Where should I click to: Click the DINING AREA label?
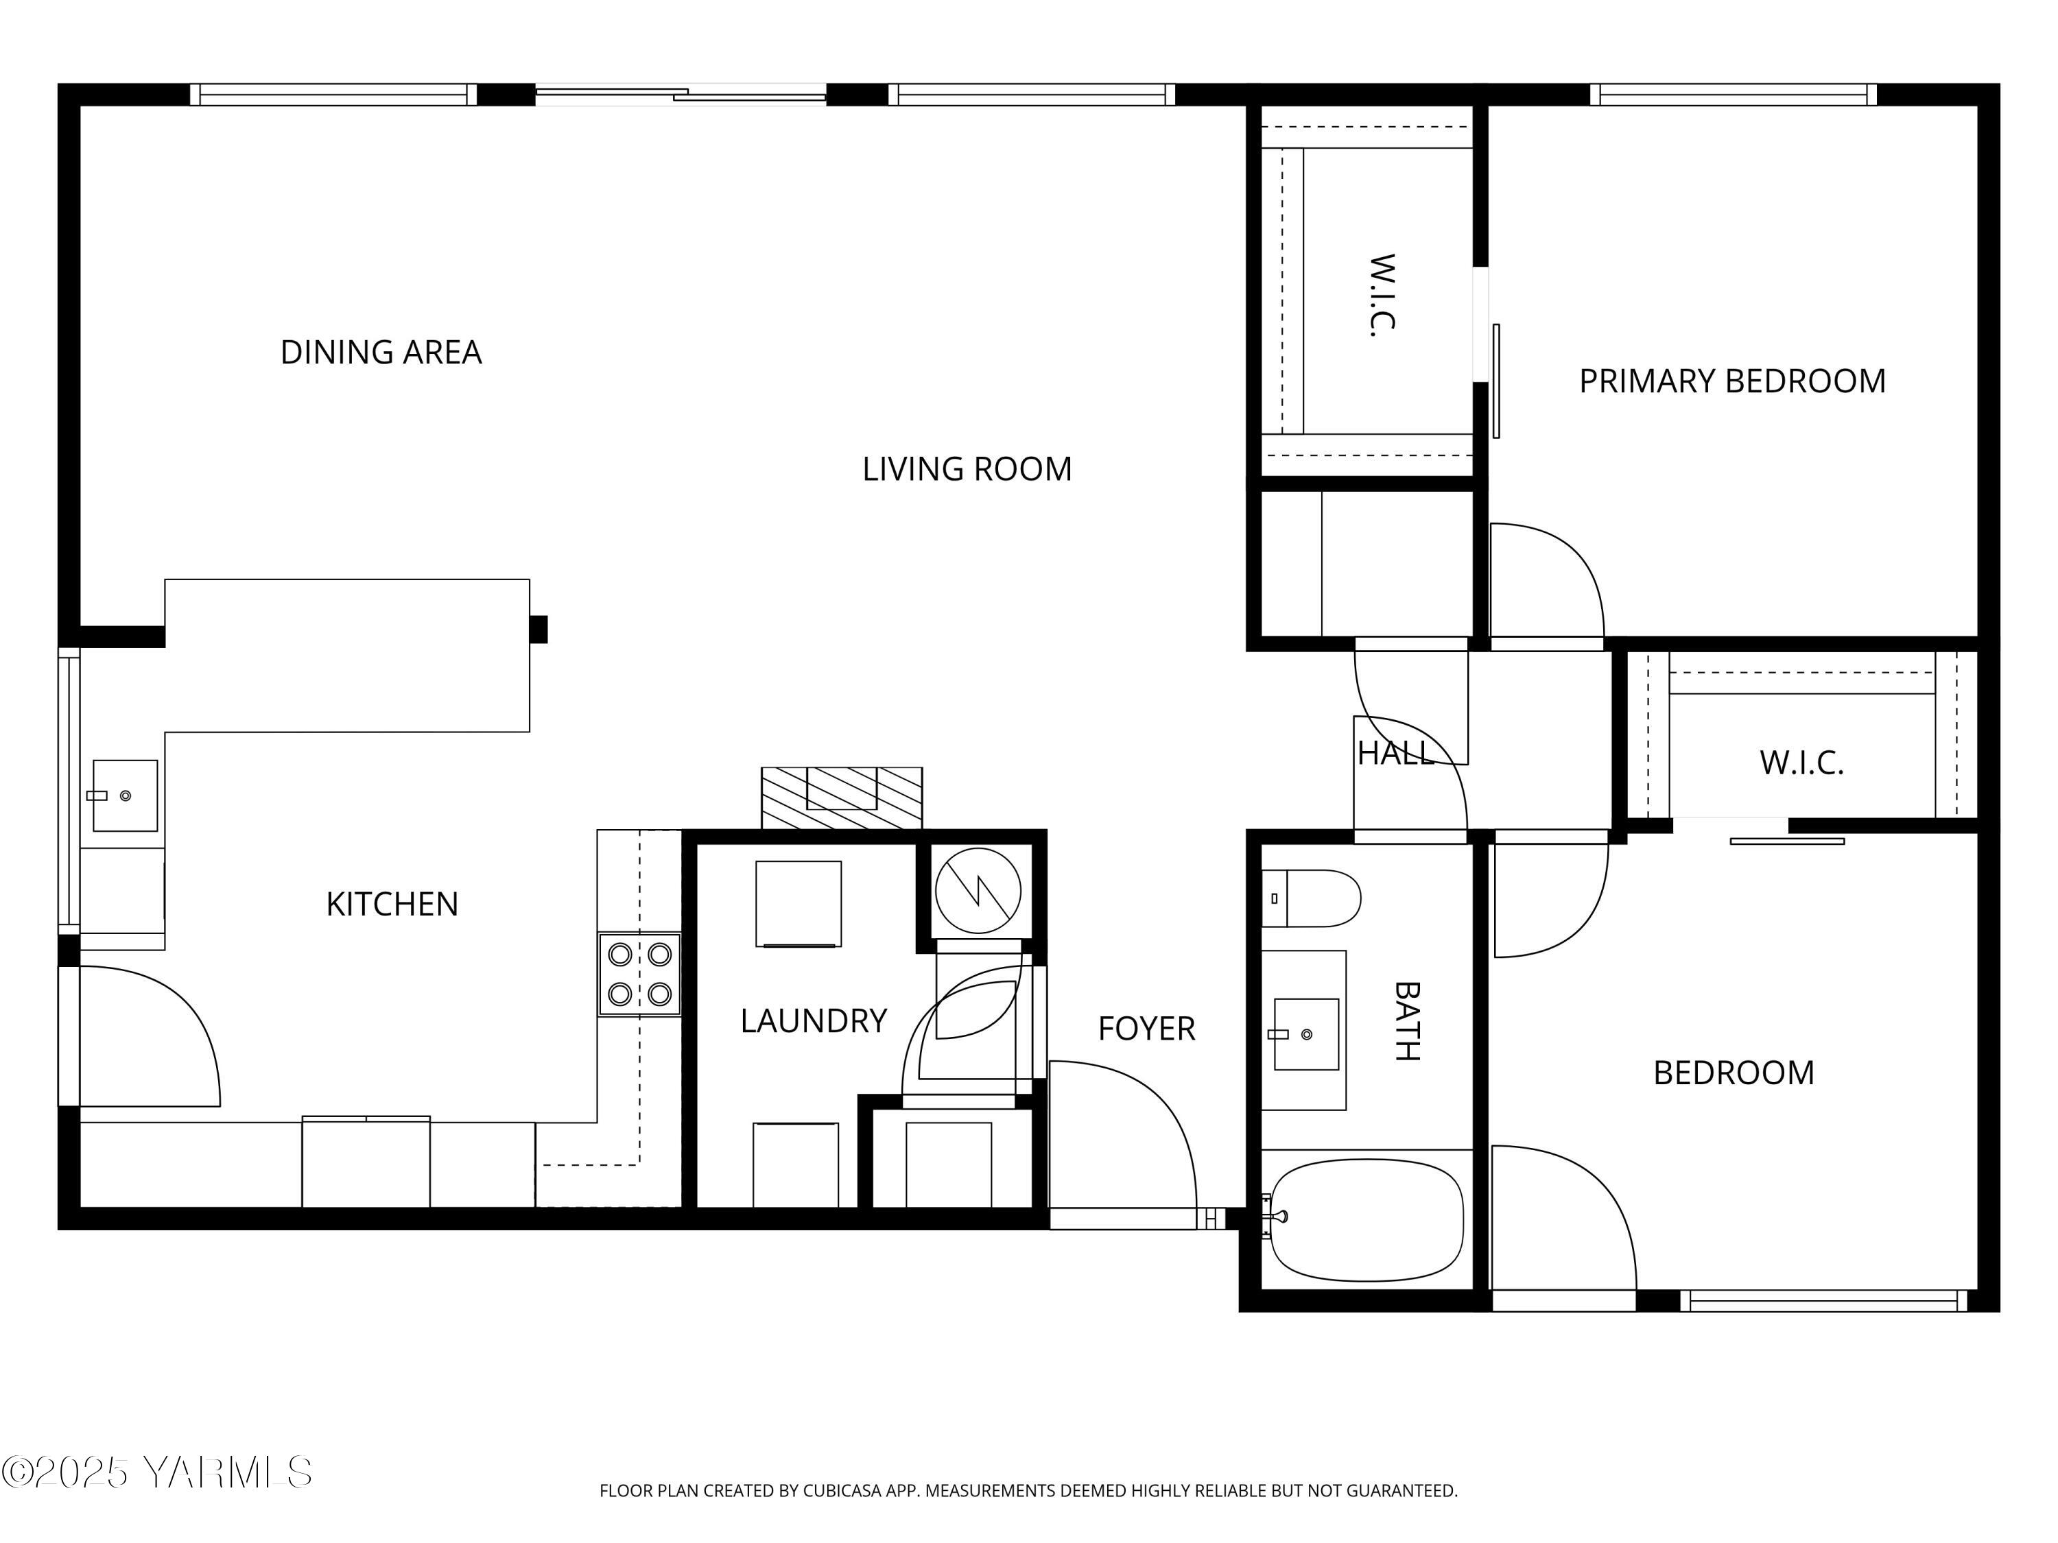point(381,352)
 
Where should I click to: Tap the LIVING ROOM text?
point(967,469)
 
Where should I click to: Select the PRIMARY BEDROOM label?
point(1731,381)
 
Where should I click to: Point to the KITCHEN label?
point(392,904)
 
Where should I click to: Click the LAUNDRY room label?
point(813,1021)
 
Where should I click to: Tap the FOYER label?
point(1146,1029)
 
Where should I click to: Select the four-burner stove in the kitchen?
point(639,974)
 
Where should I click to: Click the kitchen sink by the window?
point(125,796)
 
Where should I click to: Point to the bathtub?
point(1366,1219)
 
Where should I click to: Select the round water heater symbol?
point(978,891)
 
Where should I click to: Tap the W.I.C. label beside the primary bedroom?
point(1382,296)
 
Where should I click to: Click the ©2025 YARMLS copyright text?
point(156,1472)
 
